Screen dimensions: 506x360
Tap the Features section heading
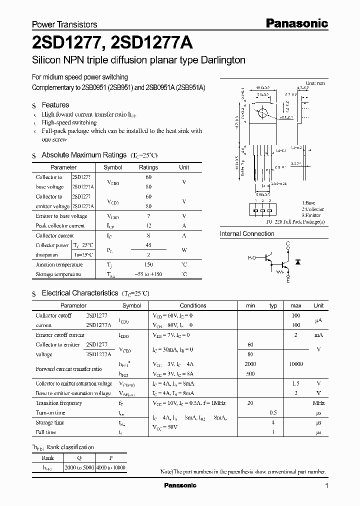[55, 105]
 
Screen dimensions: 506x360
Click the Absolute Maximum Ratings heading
[83, 155]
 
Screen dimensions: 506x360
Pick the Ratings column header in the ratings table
[148, 167]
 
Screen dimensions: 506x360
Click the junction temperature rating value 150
[148, 264]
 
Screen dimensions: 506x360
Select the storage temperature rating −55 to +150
[148, 274]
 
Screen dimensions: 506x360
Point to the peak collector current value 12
[148, 225]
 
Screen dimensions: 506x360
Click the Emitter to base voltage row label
[61, 216]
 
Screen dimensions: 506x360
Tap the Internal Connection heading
[247, 233]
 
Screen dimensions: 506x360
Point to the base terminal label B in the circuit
[249, 257]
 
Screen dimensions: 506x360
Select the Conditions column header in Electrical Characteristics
[193, 305]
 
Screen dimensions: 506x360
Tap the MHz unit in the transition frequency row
[318, 403]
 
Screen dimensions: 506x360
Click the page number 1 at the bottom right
[326, 485]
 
